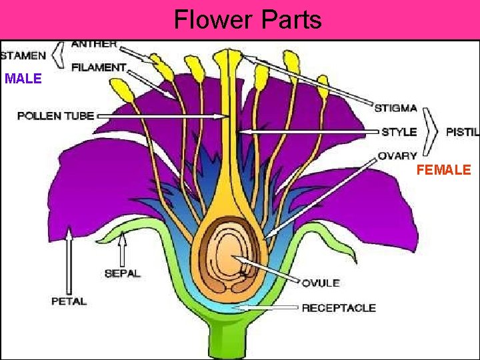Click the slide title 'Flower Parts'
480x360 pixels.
tap(247, 19)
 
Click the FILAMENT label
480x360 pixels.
tap(99, 67)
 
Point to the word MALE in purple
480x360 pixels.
tap(23, 79)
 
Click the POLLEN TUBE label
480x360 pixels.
tap(55, 116)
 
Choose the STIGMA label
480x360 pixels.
tap(395, 108)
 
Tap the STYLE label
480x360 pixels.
tap(399, 132)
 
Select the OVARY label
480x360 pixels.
tap(397, 156)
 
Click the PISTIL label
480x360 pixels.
tap(462, 132)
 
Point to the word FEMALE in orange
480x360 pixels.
tap(443, 171)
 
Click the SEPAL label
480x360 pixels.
tap(123, 273)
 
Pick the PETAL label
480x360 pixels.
tap(69, 301)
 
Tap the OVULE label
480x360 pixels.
tap(321, 283)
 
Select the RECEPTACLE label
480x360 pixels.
tap(339, 308)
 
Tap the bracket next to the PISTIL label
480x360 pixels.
tap(431, 131)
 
